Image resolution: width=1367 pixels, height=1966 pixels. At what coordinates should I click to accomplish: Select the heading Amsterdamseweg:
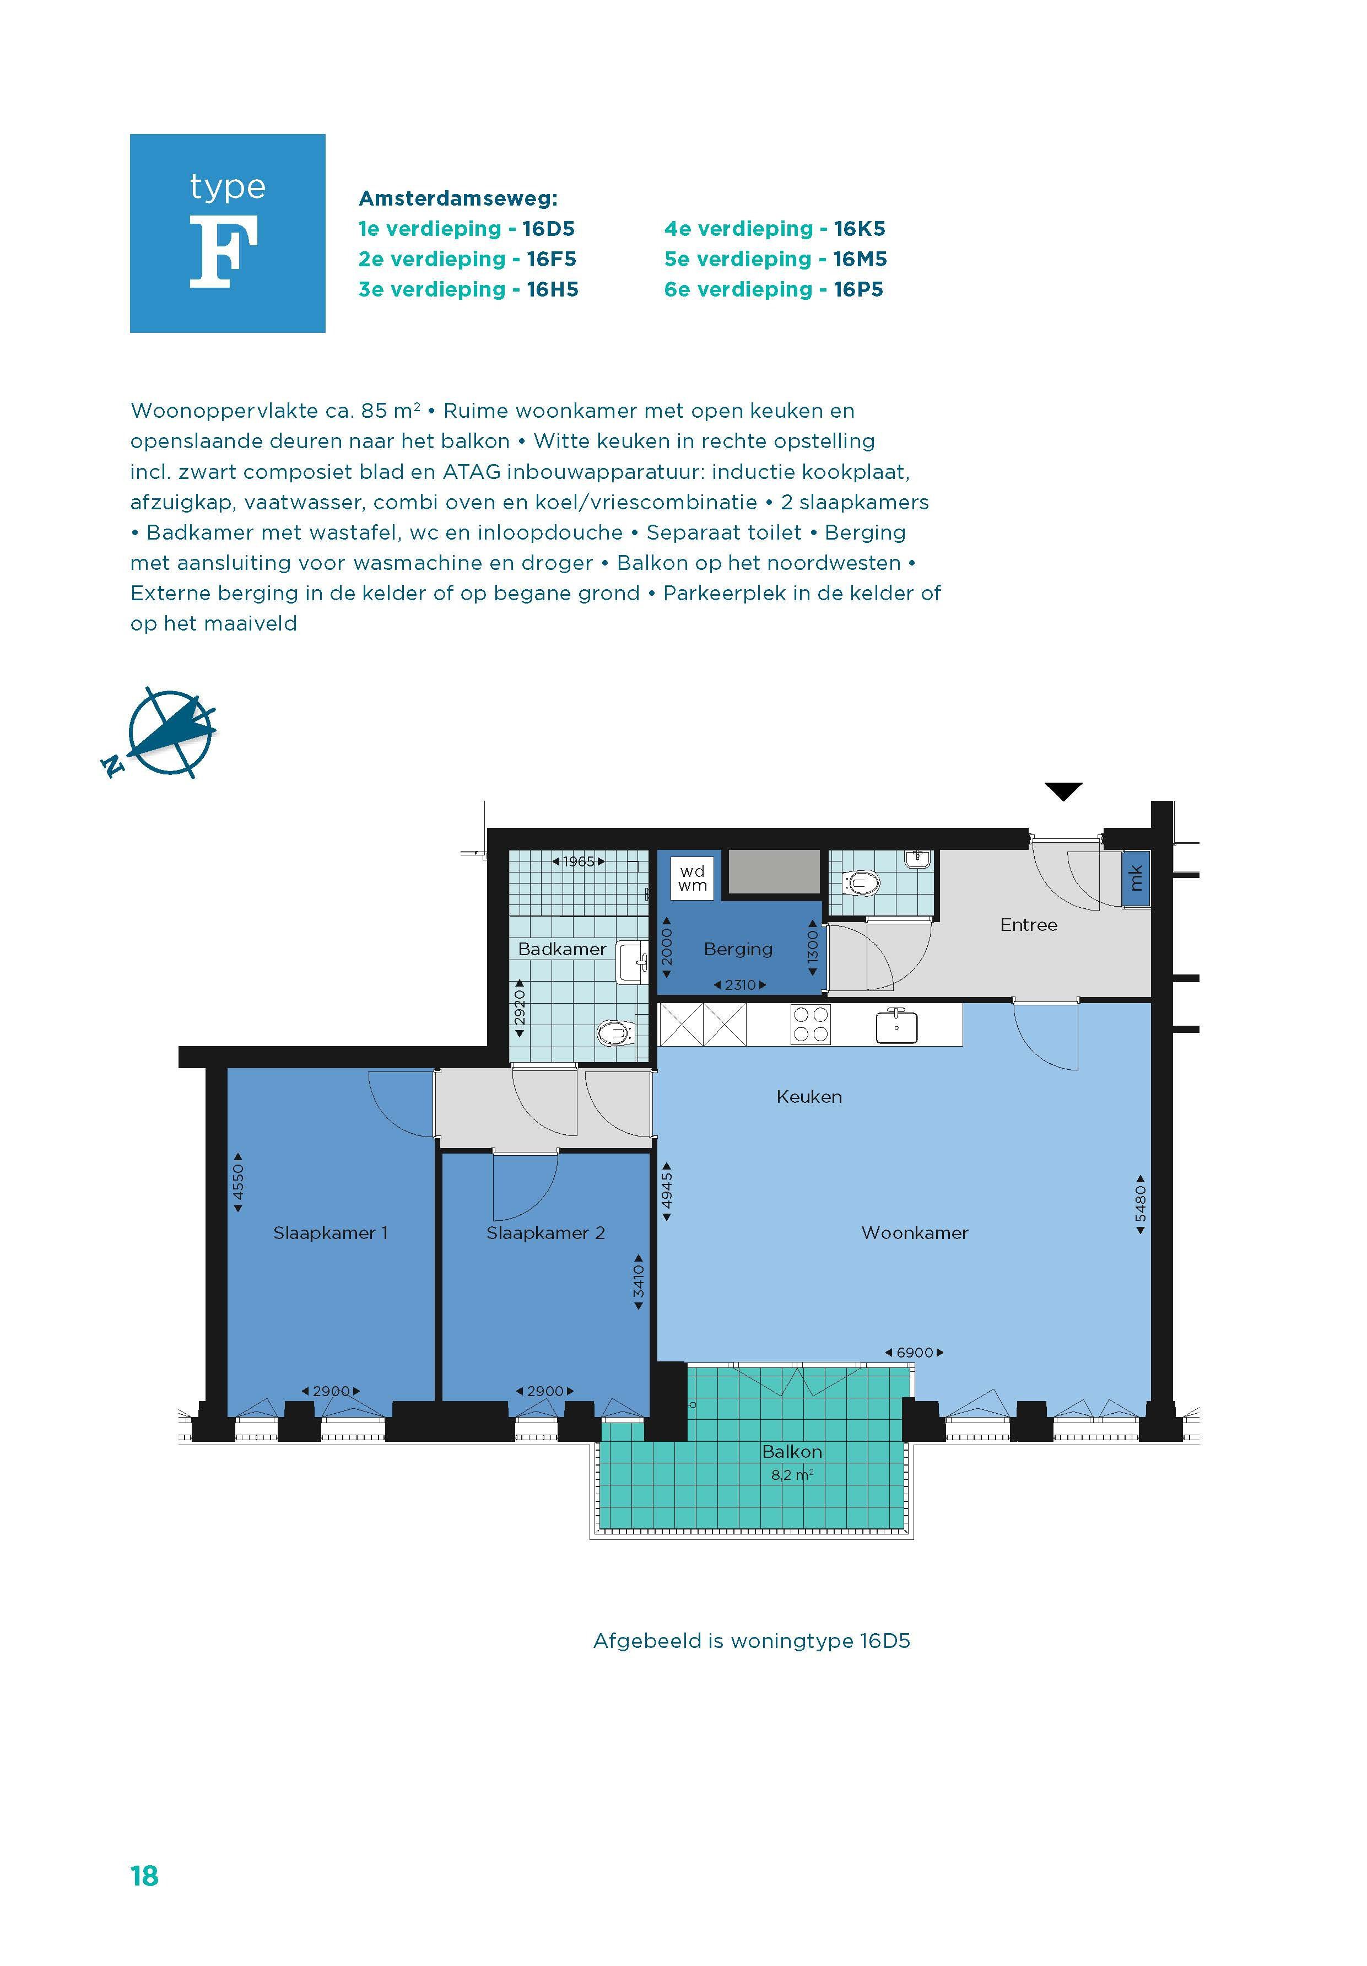[x=458, y=198]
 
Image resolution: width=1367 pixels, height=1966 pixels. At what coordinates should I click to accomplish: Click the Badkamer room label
[x=561, y=949]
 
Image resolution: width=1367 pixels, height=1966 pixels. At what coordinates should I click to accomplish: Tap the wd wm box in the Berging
[x=691, y=877]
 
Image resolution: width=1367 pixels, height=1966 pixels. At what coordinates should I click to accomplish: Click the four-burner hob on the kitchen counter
[x=811, y=1024]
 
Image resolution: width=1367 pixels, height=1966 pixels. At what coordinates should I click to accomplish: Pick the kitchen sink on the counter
[x=896, y=1026]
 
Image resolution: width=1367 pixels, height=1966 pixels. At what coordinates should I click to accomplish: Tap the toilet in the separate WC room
[x=860, y=882]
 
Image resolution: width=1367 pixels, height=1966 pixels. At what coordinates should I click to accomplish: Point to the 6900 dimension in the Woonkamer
[x=914, y=1353]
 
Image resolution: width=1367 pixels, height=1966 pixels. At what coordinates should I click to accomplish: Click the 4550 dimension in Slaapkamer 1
[x=238, y=1182]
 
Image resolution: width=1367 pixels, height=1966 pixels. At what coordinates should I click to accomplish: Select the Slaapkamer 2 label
[x=545, y=1233]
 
